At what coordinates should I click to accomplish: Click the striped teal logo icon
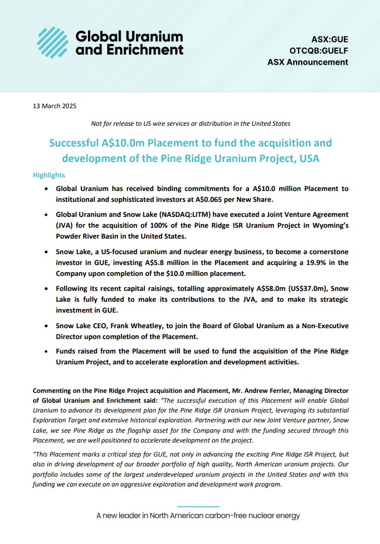tap(53, 42)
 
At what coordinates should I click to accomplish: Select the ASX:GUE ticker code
tap(329, 39)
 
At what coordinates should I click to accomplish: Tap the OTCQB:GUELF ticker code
tap(319, 51)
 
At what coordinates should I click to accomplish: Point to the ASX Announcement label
tap(308, 62)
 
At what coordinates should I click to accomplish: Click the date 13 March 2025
tap(54, 106)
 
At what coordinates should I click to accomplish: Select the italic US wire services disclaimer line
tap(190, 124)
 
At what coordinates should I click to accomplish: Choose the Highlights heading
tap(49, 175)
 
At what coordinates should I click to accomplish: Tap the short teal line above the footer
tap(198, 506)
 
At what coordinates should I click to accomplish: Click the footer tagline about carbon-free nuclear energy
tap(198, 516)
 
